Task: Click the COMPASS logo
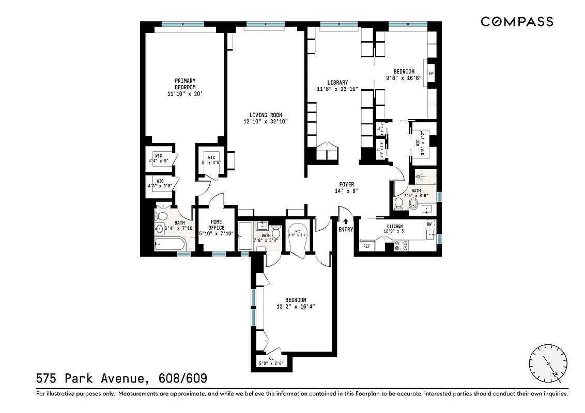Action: pyautogui.click(x=517, y=22)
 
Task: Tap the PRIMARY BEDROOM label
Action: pyautogui.click(x=185, y=84)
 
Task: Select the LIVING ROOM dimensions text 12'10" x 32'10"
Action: pyautogui.click(x=265, y=122)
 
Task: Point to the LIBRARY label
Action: pyautogui.click(x=337, y=83)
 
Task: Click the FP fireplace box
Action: pyautogui.click(x=430, y=73)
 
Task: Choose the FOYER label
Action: pyautogui.click(x=346, y=184)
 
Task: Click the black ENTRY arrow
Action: pyautogui.click(x=346, y=221)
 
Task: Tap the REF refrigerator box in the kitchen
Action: pyautogui.click(x=366, y=246)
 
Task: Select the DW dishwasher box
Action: pyautogui.click(x=429, y=224)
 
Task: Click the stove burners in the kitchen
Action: pyautogui.click(x=399, y=246)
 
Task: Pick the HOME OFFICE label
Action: pyautogui.click(x=216, y=225)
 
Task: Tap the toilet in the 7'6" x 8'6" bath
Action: pyautogui.click(x=398, y=204)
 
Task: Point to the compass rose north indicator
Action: pyautogui.click(x=548, y=363)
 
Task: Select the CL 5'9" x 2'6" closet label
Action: pyautogui.click(x=271, y=360)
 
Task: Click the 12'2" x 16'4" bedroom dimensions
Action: pyautogui.click(x=296, y=306)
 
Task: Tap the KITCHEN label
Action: pyautogui.click(x=395, y=227)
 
